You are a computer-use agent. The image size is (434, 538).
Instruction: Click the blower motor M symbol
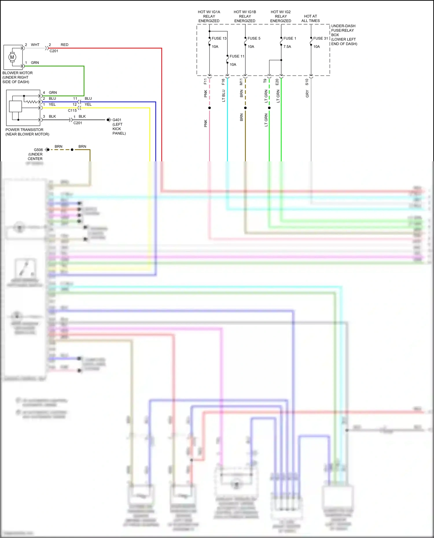point(12,57)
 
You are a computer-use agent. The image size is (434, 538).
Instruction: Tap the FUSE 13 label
point(219,38)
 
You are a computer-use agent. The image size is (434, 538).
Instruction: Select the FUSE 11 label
point(237,56)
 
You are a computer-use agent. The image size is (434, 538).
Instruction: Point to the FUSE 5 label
point(254,38)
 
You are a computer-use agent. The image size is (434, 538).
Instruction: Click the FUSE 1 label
point(290,38)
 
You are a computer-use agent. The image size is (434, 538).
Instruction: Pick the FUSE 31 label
point(321,38)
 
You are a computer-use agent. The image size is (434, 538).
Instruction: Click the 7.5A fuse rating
point(287,47)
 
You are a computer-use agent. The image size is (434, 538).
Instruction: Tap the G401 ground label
point(117,120)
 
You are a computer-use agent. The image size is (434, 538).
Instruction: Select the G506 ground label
point(38,150)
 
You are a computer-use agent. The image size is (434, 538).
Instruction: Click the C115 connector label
point(72,110)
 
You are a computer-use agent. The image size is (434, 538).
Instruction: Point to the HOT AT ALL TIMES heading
point(310,19)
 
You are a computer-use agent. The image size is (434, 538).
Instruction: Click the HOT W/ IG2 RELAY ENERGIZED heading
point(281,16)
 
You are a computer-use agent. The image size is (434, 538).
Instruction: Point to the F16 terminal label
point(223,82)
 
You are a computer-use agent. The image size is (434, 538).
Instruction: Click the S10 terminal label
point(307,82)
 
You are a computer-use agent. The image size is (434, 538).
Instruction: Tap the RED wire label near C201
point(65,45)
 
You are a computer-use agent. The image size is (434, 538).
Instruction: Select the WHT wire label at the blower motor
point(35,45)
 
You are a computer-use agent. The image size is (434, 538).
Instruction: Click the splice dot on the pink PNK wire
point(209,108)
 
